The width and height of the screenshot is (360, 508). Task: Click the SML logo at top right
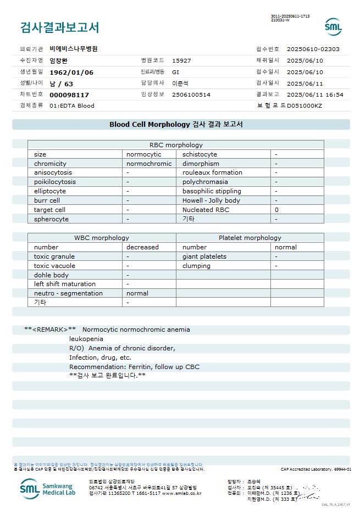[x=333, y=26]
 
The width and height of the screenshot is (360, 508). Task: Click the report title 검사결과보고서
[x=59, y=27]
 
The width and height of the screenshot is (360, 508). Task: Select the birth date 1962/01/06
[x=71, y=72]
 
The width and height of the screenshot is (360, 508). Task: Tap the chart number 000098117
[x=69, y=94]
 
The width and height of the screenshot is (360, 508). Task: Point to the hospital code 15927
[x=181, y=60]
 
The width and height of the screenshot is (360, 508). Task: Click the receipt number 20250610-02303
[x=313, y=49]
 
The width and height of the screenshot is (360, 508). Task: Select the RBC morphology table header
[x=176, y=145]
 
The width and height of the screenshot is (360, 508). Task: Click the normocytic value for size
[x=144, y=154]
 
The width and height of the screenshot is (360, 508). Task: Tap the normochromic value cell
[x=149, y=164]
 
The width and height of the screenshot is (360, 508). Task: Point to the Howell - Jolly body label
[x=211, y=200]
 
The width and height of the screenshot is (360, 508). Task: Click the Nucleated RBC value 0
[x=277, y=210]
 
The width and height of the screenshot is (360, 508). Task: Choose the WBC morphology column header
[x=102, y=238]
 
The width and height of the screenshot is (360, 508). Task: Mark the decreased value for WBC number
[x=142, y=247]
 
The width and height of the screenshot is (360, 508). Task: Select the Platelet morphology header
[x=250, y=238]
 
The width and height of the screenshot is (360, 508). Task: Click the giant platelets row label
[x=204, y=256]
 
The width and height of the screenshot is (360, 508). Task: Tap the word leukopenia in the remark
[x=86, y=339]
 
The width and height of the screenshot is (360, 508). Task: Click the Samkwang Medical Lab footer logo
[x=50, y=488]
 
